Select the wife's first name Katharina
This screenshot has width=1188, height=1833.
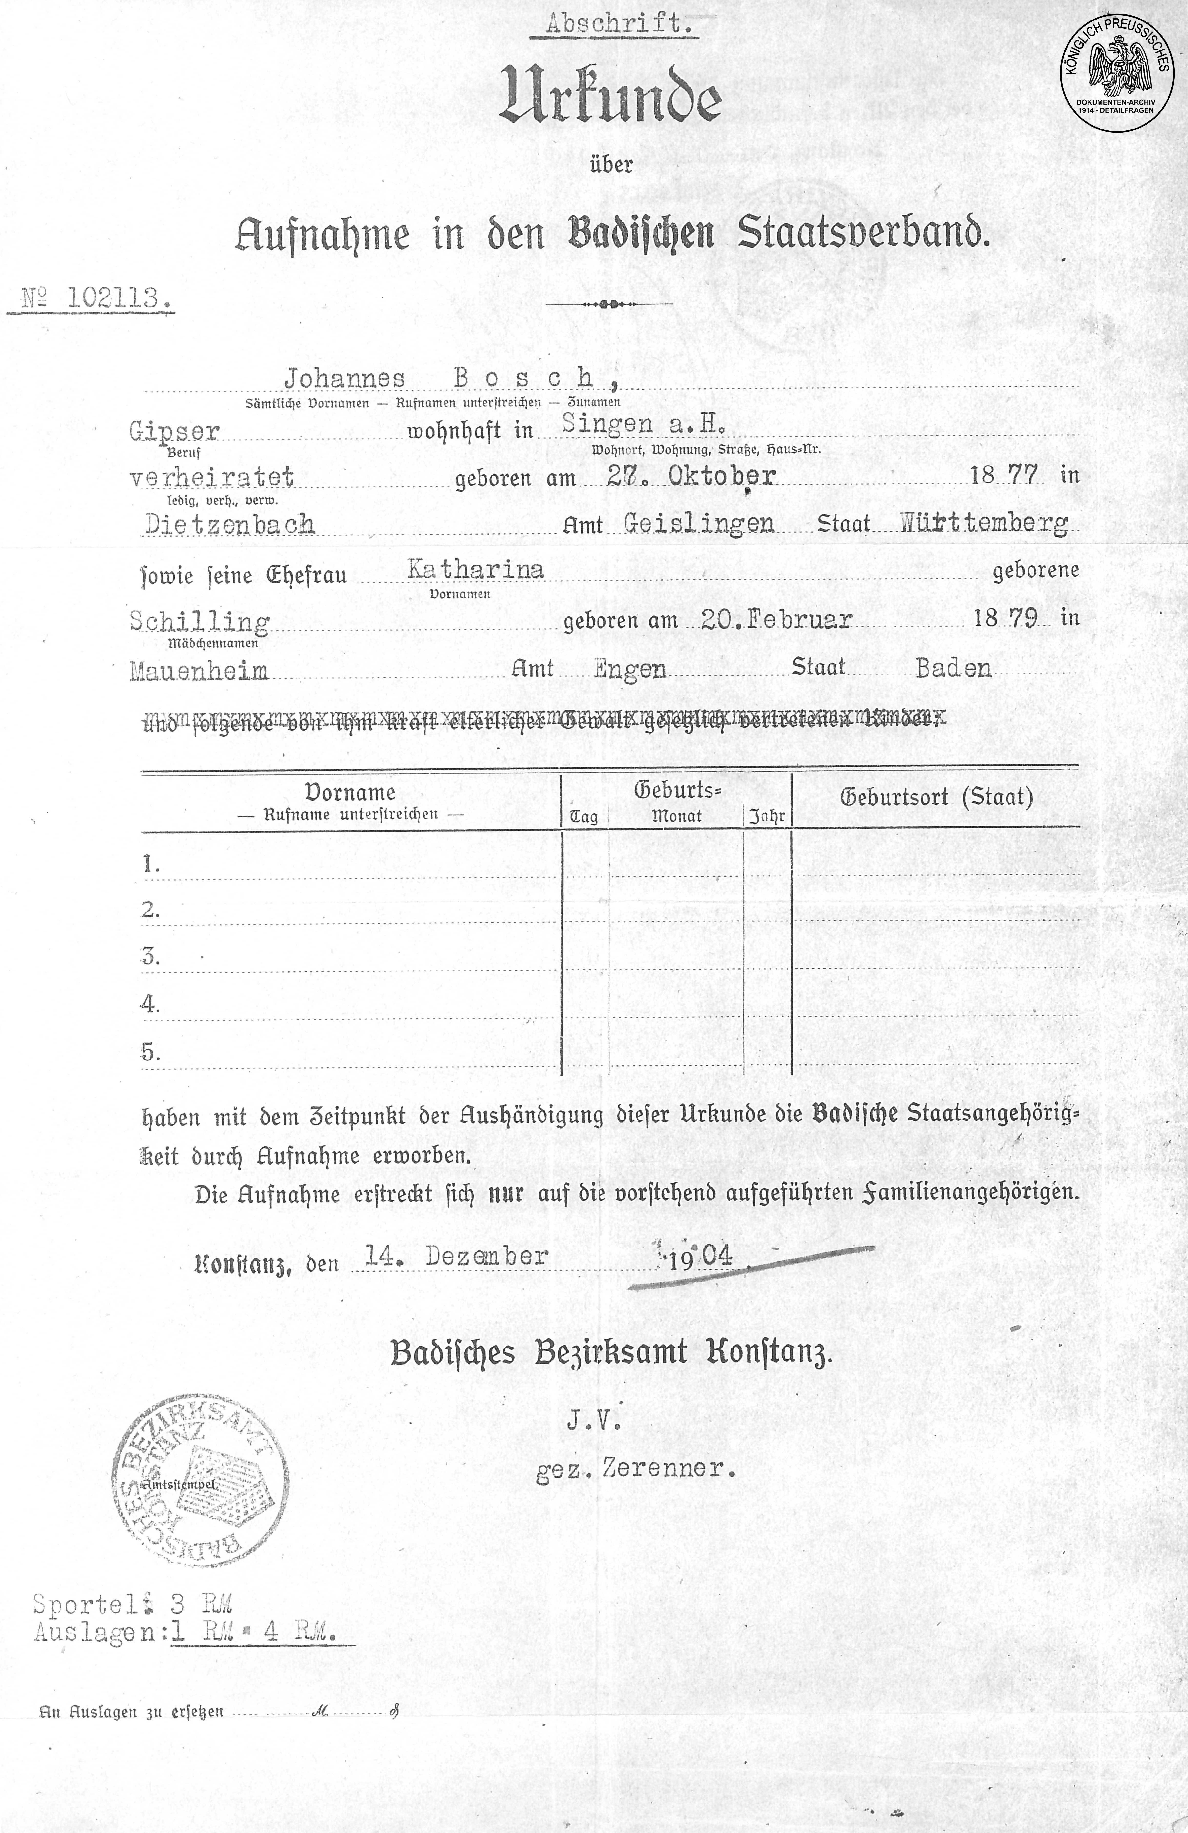click(475, 570)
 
